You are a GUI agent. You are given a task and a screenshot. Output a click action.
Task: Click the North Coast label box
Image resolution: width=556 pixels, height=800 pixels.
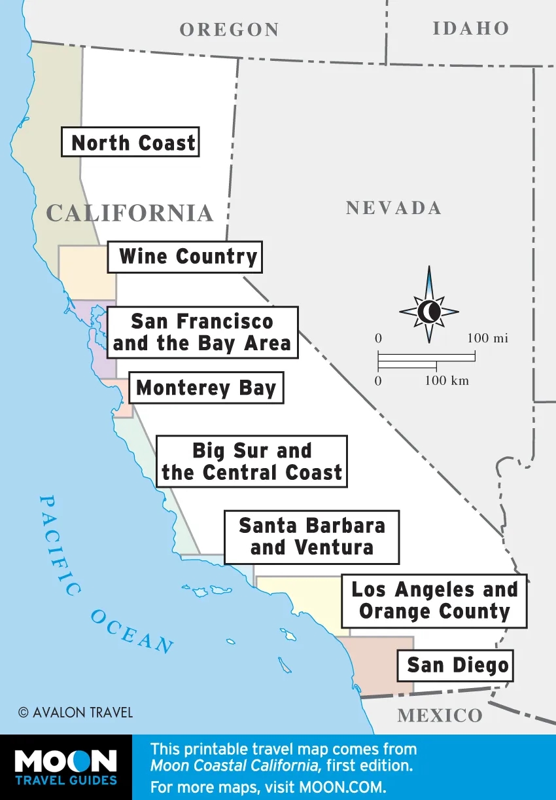tap(130, 142)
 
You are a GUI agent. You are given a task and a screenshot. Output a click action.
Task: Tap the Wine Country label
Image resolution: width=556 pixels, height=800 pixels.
tap(184, 257)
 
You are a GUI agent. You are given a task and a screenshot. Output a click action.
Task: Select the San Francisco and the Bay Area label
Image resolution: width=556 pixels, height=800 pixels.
tap(202, 333)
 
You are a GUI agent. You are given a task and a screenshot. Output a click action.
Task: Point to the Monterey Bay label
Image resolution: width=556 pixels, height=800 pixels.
tap(206, 388)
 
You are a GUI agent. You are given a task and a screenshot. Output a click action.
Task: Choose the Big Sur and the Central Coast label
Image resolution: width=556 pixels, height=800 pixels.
tap(252, 462)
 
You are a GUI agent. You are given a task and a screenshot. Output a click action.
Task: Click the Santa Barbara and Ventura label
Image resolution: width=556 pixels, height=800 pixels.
tap(311, 537)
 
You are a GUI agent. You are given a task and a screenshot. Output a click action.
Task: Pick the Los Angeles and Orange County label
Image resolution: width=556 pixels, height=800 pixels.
tap(434, 600)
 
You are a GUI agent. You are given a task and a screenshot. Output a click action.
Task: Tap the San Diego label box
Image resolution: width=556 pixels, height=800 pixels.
tap(457, 666)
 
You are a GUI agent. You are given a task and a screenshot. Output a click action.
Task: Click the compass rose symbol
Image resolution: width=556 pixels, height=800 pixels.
tap(429, 311)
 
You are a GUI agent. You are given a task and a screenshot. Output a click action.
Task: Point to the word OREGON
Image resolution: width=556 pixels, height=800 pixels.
tap(229, 29)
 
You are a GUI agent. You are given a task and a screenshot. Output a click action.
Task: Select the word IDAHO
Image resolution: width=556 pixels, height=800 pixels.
tap(470, 28)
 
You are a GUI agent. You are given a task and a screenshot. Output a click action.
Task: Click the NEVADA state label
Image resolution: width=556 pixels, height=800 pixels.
tap(393, 208)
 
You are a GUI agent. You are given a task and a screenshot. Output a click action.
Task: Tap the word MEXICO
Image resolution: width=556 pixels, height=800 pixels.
tap(440, 716)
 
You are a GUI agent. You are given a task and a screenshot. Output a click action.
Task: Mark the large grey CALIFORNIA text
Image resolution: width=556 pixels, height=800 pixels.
tap(130, 213)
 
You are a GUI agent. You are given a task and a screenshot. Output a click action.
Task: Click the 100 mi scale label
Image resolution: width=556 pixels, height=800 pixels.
tap(487, 338)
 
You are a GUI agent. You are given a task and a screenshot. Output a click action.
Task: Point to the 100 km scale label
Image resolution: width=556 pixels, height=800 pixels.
tap(447, 381)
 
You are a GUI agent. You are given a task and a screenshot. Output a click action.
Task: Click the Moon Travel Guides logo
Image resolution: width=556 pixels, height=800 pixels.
tap(65, 767)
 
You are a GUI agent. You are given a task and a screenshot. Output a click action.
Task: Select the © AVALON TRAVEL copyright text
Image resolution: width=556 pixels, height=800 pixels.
tap(75, 712)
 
